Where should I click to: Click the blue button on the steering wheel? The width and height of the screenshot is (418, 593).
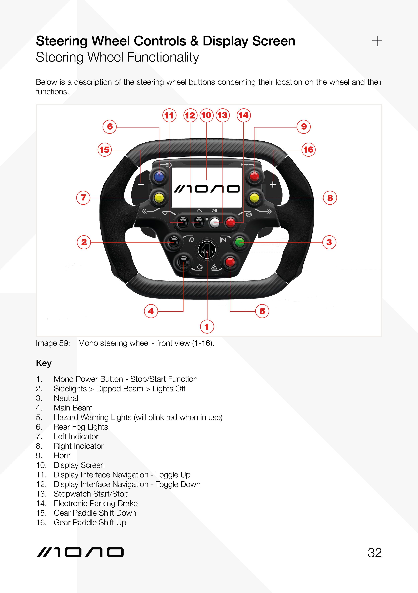(159, 177)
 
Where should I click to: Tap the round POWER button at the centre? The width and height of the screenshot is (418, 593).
(207, 250)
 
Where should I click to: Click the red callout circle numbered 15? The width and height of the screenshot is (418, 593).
(105, 150)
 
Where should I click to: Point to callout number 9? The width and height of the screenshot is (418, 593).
(304, 127)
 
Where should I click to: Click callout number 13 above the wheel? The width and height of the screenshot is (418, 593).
(222, 115)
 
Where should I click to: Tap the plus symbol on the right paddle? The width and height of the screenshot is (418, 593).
(273, 184)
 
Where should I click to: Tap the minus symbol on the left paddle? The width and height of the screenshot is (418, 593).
(141, 184)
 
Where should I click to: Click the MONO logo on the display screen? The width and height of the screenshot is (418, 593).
(207, 189)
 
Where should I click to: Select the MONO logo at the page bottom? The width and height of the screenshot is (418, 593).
(80, 552)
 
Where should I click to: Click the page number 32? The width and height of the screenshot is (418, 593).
(374, 553)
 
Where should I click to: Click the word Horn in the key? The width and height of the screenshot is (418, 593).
(62, 456)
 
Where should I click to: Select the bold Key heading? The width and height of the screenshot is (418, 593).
(44, 363)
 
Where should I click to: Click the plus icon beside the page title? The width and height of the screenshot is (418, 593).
(377, 41)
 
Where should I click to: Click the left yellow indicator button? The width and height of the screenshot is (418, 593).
(159, 198)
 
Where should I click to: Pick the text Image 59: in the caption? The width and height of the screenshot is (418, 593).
(53, 343)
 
